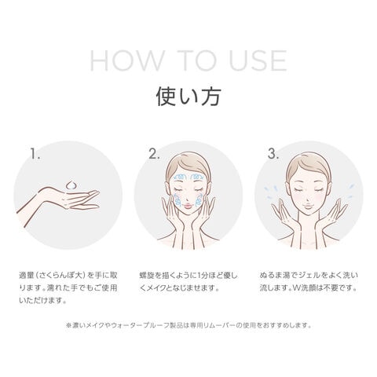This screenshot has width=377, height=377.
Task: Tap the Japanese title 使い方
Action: tap(188, 98)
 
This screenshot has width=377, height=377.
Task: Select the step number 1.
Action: tap(34, 155)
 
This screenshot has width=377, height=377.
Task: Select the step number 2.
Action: tap(154, 155)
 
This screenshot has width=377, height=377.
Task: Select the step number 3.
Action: tap(273, 155)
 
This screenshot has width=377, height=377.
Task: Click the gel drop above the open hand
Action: tap(75, 183)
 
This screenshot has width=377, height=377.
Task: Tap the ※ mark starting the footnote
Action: tap(69, 324)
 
